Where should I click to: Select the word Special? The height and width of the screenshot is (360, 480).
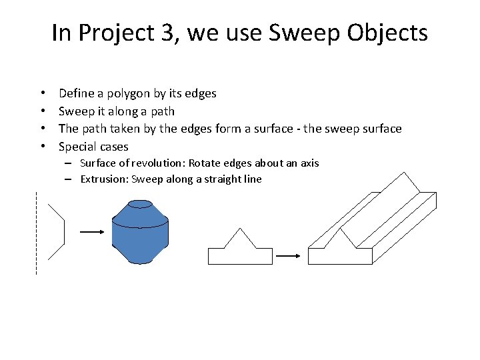(x=78, y=146)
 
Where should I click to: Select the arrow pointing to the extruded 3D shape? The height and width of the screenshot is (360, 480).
(x=287, y=255)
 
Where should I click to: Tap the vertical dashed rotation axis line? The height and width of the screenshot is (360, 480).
(x=36, y=233)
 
